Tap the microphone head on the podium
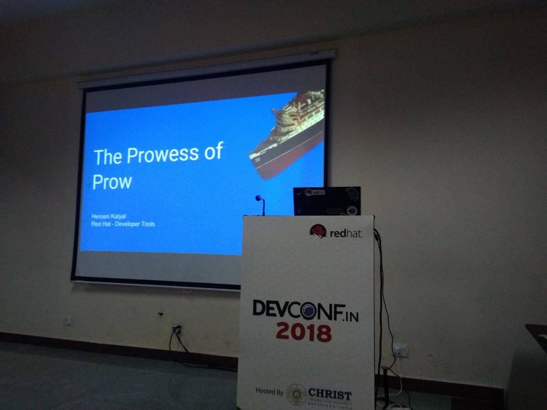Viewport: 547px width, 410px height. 258,199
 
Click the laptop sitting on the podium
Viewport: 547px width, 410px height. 326,201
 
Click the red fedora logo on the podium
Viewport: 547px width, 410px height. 318,231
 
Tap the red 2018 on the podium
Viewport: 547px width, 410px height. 303,332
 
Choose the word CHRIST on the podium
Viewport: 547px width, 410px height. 330,394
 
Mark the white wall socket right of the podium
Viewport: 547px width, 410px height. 400,350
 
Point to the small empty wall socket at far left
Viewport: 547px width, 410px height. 67,320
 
